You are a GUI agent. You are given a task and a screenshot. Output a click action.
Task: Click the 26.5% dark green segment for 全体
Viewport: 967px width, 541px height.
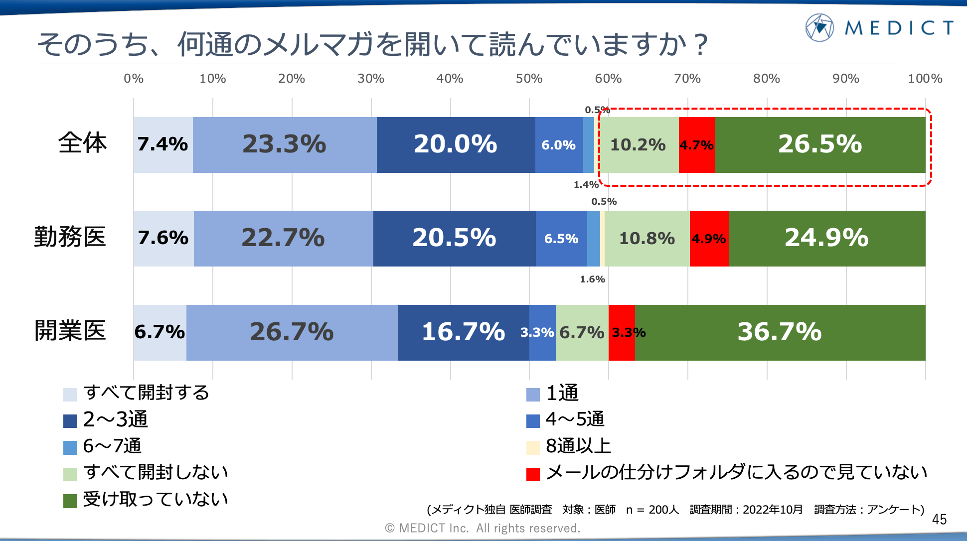pos(820,144)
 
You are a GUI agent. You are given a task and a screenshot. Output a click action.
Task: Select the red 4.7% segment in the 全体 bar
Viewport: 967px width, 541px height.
pos(697,145)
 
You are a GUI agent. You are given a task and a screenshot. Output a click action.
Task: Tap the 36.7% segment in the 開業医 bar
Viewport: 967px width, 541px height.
pos(780,332)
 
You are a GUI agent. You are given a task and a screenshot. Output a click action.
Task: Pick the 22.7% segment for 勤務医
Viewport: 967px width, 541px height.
pos(283,238)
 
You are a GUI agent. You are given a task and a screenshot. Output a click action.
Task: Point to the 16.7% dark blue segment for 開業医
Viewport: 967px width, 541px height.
pos(463,332)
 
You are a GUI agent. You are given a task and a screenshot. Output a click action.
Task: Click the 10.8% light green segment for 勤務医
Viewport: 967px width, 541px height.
pos(646,239)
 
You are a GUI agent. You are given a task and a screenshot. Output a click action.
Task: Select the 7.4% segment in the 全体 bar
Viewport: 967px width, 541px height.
pos(162,144)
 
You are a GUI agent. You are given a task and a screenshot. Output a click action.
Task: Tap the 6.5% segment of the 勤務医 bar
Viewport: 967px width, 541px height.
pos(561,239)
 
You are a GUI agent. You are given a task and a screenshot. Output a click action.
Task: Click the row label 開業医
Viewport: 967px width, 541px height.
pos(70,331)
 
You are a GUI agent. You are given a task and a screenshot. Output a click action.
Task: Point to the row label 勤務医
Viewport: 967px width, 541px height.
pos(70,237)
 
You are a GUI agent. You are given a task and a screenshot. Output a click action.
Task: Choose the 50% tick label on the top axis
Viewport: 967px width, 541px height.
pos(529,79)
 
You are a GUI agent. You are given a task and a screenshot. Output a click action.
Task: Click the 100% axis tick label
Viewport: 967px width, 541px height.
pos(925,79)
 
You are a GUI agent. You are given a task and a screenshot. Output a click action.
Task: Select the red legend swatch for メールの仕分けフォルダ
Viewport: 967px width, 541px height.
pos(533,474)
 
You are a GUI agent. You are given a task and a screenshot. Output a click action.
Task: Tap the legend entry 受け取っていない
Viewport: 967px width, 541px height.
pos(155,499)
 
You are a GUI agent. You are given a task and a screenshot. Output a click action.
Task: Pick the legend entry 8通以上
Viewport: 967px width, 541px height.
pos(578,446)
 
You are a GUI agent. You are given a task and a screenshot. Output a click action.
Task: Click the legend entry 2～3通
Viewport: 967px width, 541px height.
pos(115,419)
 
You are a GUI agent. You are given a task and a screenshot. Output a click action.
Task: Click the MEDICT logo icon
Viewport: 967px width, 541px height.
pos(819,27)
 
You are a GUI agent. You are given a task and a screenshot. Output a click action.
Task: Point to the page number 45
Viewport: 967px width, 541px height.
pos(939,520)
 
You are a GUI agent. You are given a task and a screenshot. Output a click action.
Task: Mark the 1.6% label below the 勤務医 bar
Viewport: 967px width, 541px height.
pos(592,279)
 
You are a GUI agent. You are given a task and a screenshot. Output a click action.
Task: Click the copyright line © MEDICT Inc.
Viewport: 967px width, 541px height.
pos(483,528)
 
